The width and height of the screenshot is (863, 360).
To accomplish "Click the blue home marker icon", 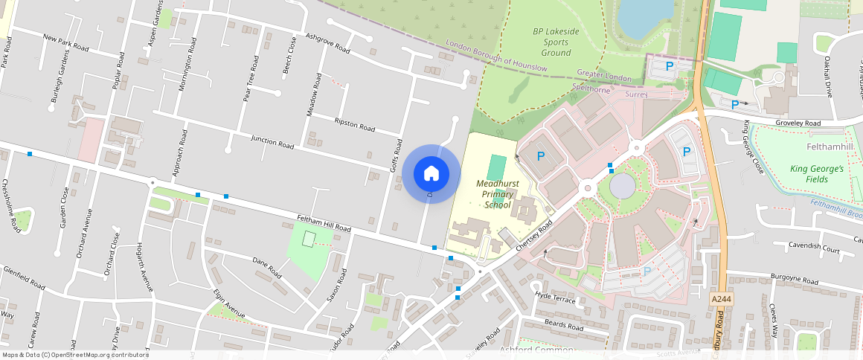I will [431, 173].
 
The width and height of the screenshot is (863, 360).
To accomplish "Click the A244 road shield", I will [718, 298].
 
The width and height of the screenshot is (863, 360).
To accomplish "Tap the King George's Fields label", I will [816, 174].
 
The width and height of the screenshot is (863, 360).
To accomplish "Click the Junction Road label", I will [273, 141].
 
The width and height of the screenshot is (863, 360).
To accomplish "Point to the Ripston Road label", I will [355, 124].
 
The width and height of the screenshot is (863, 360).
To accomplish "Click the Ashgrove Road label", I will [327, 43].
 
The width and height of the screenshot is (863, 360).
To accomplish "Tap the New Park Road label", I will [65, 42].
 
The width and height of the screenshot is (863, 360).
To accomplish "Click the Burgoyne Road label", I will [795, 278].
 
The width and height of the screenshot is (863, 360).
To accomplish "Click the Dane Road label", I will [266, 266].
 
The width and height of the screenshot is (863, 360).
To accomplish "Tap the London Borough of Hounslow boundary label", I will [497, 56].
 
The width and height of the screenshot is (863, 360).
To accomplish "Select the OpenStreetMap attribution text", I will [74, 355].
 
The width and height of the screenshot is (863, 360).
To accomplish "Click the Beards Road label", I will [563, 325].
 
